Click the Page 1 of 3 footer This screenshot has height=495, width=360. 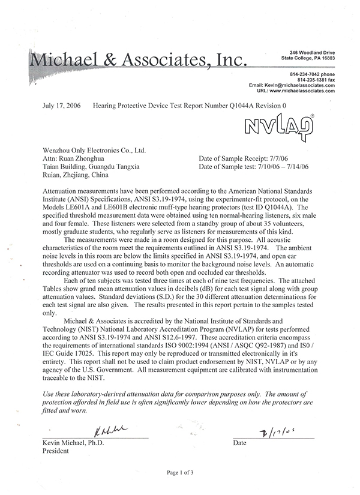pyautogui.click(x=179, y=473)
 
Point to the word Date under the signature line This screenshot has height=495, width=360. pyautogui.click(x=239, y=443)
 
